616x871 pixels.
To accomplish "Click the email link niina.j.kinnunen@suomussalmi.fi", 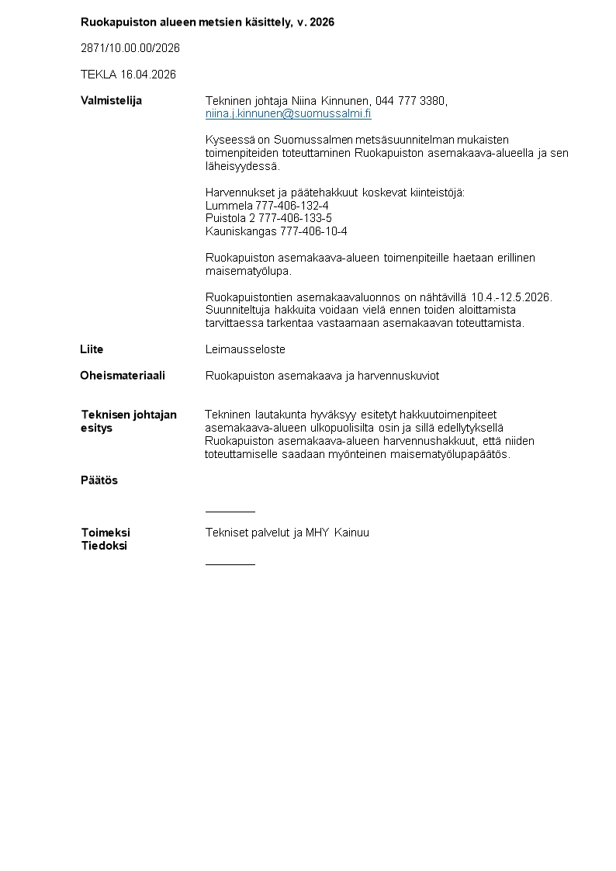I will [x=288, y=113].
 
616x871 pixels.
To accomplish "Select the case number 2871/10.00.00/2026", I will [x=130, y=48].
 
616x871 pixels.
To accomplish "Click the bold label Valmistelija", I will [x=111, y=100].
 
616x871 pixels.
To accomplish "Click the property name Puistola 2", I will [x=230, y=218].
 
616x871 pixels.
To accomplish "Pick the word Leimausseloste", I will [x=245, y=350].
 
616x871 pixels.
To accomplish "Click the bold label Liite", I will [x=92, y=349].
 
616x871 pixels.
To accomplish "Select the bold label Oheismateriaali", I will [x=123, y=376].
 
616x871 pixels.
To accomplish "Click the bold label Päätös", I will [x=99, y=481].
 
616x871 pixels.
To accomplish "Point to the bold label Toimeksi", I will [x=106, y=533].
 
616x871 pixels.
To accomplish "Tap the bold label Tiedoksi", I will [x=104, y=546].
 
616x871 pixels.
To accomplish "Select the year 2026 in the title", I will [x=322, y=23].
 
